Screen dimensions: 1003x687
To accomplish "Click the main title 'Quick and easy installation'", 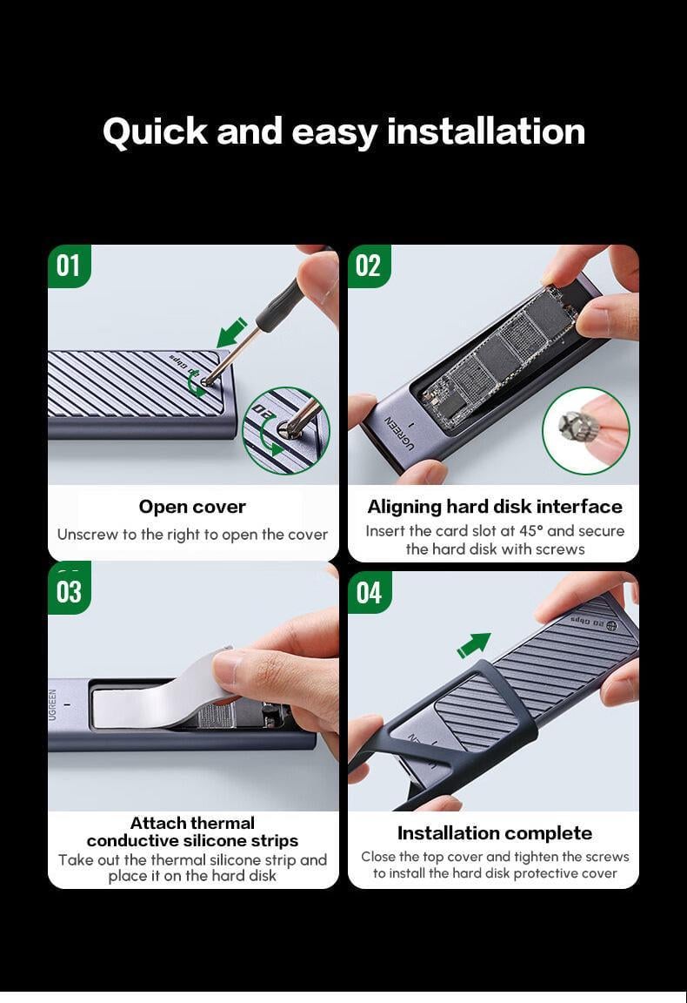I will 343,131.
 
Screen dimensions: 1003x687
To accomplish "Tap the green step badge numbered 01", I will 69,266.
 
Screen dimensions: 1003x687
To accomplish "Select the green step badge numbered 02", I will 369,266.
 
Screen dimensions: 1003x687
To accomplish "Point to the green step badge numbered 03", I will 69,591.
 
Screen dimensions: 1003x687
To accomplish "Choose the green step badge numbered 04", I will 369,593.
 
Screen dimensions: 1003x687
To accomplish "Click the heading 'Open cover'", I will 192,507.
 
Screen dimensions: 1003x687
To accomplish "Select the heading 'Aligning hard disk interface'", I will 494,507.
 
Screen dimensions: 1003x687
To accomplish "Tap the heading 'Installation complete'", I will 494,833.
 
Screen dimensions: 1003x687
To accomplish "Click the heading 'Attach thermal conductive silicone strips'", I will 192,831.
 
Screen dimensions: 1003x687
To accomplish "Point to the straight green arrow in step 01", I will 231,332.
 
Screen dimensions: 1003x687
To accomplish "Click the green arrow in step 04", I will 474,645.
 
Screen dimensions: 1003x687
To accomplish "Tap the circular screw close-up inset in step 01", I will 286,431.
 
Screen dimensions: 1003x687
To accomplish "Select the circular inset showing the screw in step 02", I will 585,431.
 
